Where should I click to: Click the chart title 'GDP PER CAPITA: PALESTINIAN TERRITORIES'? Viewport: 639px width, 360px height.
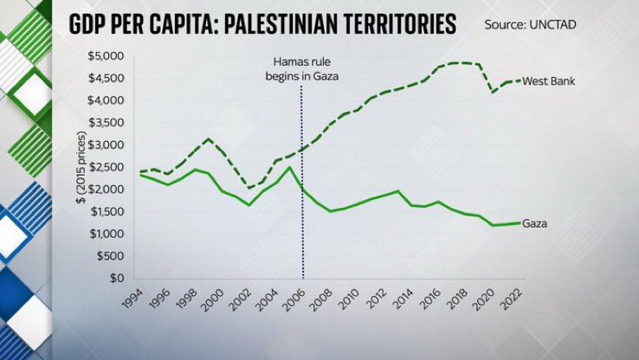264,22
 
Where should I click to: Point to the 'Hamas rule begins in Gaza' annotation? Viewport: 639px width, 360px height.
303,70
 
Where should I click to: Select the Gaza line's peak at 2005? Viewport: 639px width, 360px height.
289,167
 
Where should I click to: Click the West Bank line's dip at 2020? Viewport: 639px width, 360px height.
493,92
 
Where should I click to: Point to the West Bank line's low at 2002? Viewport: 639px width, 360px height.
248,188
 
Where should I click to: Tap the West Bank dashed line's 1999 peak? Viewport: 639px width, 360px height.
208,139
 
